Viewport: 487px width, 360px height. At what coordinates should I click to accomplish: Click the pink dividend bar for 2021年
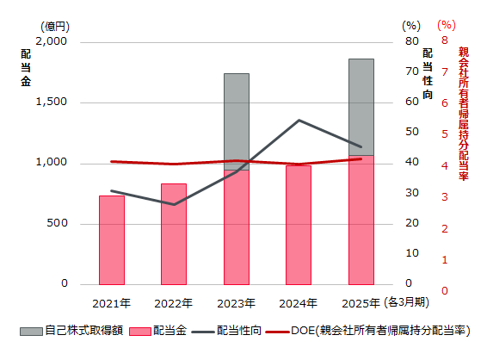112,240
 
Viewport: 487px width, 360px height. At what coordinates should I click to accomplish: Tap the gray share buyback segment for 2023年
237,121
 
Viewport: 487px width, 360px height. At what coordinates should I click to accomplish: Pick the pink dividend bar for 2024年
299,225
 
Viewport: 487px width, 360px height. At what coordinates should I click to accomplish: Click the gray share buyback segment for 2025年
361,107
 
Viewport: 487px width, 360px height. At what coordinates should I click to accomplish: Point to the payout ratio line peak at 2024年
299,120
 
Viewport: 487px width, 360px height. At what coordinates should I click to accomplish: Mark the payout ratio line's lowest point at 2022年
174,205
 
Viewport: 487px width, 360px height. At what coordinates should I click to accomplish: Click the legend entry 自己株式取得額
85,330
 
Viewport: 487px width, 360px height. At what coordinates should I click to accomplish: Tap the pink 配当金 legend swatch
140,330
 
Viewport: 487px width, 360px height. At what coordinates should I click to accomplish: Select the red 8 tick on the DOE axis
445,41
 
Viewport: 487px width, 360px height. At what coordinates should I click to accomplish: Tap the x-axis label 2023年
237,303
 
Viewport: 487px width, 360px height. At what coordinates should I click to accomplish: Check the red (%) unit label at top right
447,26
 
